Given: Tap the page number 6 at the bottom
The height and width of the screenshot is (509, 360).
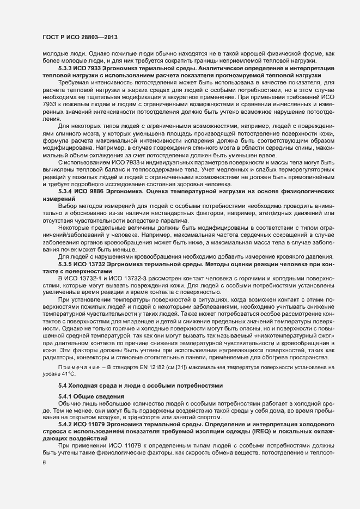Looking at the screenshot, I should [44, 462].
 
